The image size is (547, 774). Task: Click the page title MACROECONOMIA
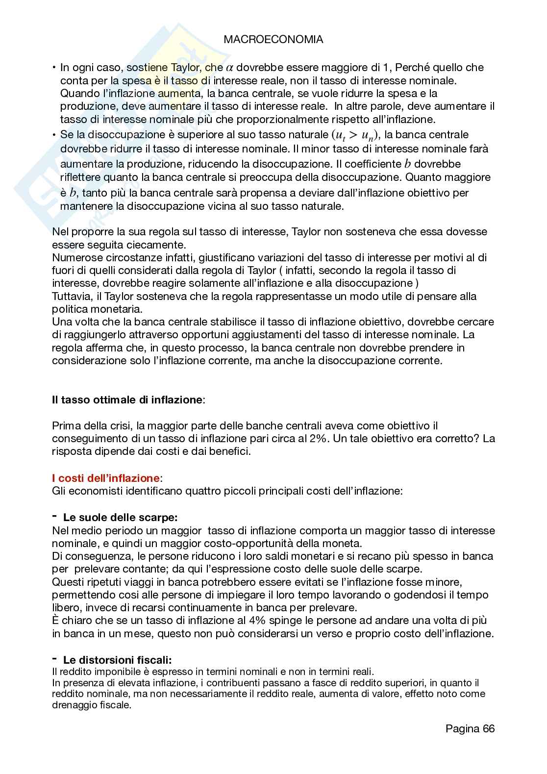pyautogui.click(x=273, y=40)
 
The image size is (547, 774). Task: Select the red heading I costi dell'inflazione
pyautogui.click(x=105, y=477)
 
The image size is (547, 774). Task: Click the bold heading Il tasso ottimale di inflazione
pyautogui.click(x=127, y=399)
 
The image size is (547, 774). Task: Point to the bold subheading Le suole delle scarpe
pyautogui.click(x=120, y=517)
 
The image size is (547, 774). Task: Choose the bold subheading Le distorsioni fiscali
pyautogui.click(x=117, y=660)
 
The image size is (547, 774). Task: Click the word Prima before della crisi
pyautogui.click(x=65, y=425)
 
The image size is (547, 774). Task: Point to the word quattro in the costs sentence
pyautogui.click(x=202, y=491)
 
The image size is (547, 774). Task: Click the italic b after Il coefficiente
pyautogui.click(x=406, y=163)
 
